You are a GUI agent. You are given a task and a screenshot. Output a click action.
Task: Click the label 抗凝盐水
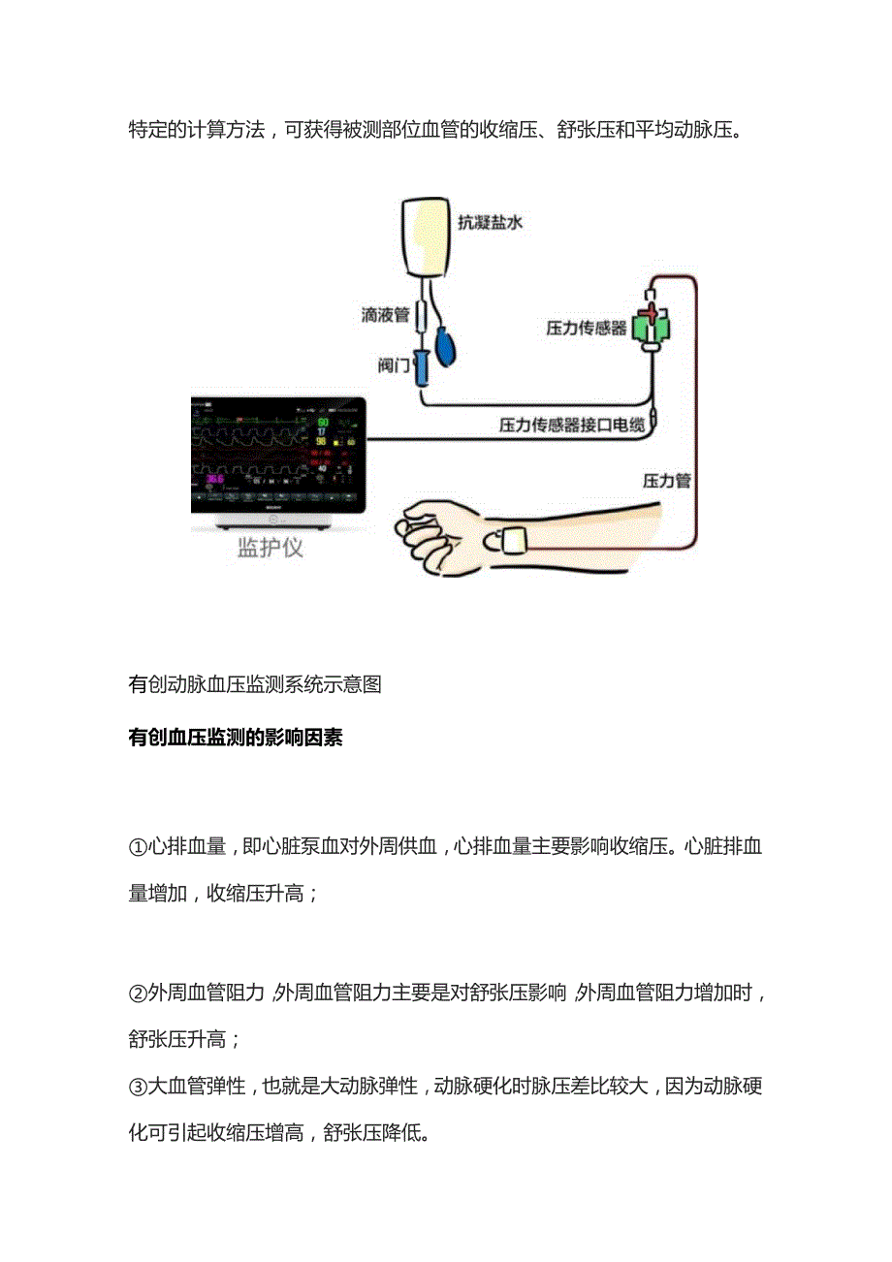coord(490,222)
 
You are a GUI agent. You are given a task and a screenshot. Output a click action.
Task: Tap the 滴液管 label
coord(385,316)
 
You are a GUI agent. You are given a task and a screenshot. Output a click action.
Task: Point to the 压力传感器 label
coord(587,329)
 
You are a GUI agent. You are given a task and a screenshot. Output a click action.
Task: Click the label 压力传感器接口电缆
coord(571,425)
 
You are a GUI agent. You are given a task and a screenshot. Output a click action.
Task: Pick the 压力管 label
coord(666,479)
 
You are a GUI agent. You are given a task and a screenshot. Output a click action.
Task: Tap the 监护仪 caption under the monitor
coord(271,549)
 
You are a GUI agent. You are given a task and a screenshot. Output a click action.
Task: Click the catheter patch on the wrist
coord(513,539)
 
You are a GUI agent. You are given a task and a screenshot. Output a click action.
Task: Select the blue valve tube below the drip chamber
coord(424,368)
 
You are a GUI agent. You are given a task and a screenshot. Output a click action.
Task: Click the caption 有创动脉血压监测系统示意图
coord(255,684)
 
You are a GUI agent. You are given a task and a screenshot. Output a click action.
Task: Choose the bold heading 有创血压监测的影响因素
coord(236,739)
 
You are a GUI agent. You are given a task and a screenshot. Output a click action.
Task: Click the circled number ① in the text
coord(138,847)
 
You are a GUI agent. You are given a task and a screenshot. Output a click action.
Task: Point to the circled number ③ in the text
coord(138,1086)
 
